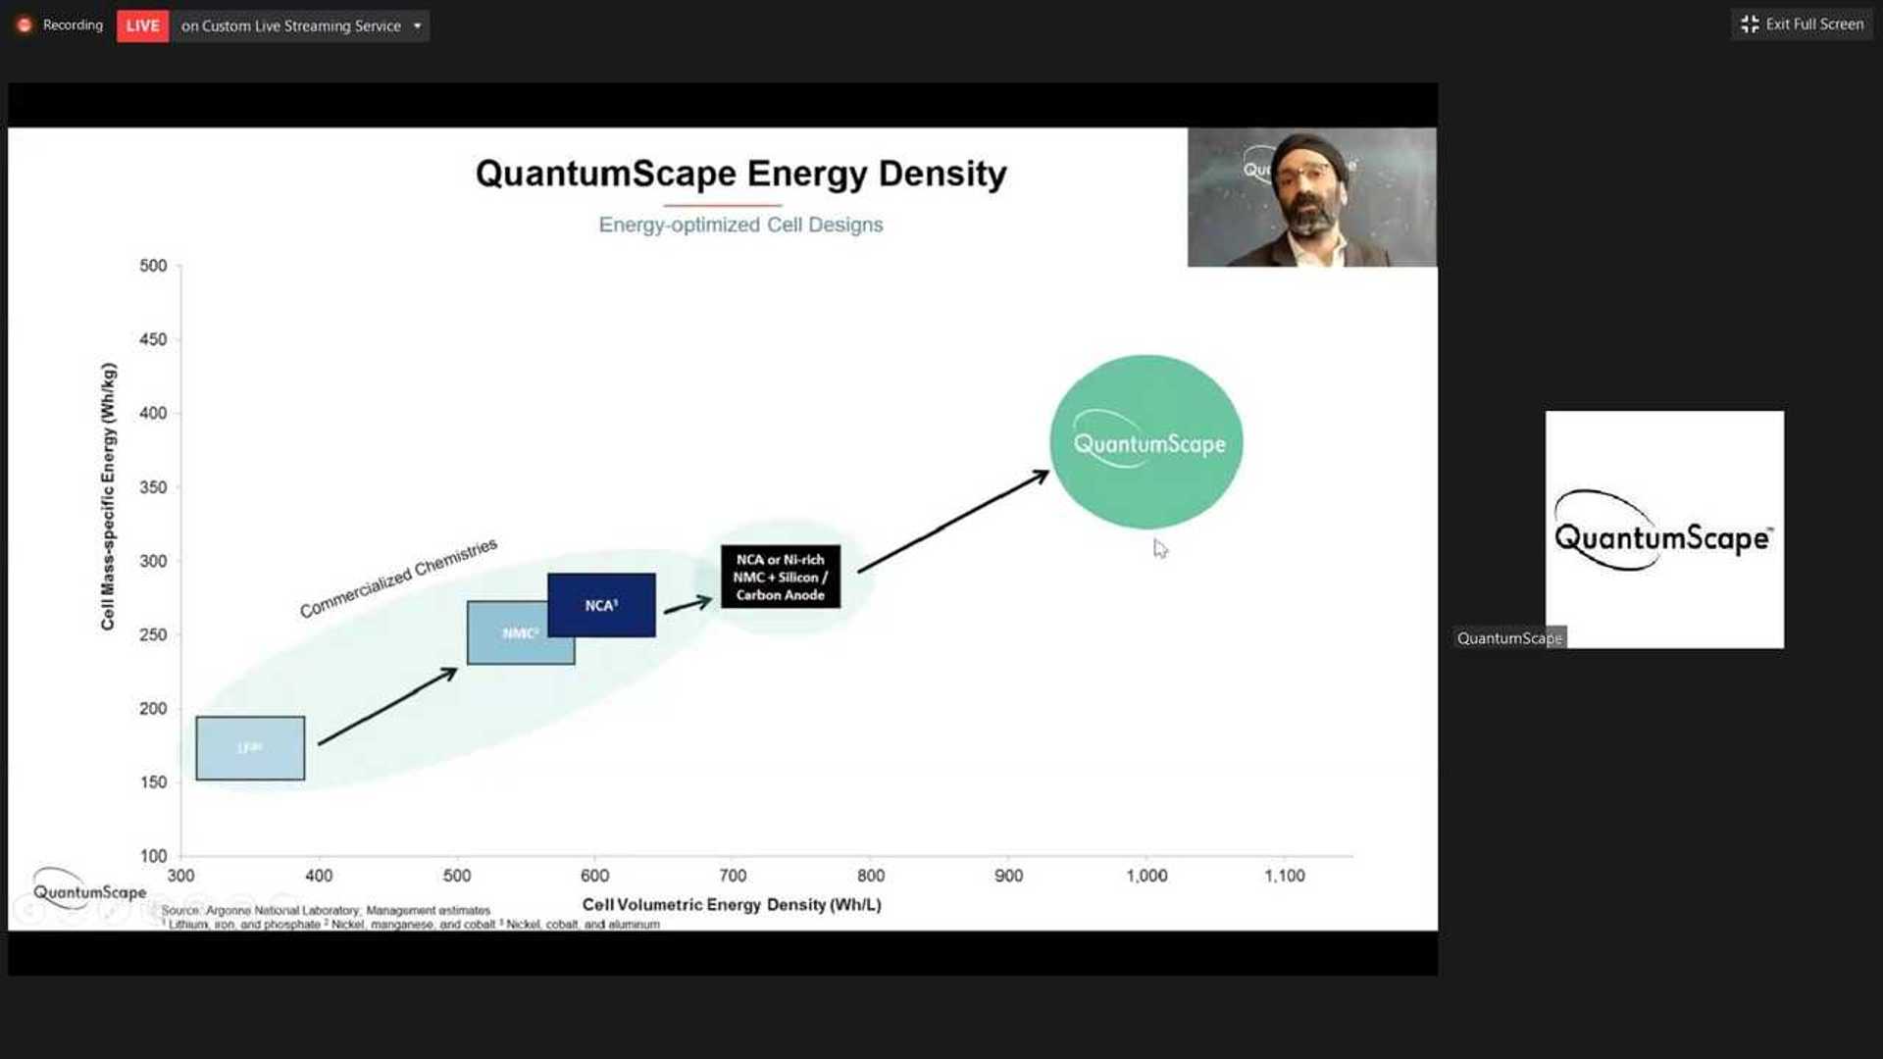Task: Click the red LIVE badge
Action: (142, 25)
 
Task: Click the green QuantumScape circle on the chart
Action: (1145, 442)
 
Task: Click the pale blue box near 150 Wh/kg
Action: (250, 748)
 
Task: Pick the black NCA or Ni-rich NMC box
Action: (780, 577)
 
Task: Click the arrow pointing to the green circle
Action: (953, 521)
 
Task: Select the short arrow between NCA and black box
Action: (687, 605)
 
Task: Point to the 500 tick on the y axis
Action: (153, 266)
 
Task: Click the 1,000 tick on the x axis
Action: (1145, 876)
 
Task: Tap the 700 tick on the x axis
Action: (733, 876)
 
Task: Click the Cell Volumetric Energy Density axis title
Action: (732, 904)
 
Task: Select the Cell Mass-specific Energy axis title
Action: (108, 496)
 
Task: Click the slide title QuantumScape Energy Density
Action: (740, 174)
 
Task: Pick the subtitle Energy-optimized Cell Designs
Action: (740, 225)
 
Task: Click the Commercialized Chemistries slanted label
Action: (398, 579)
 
